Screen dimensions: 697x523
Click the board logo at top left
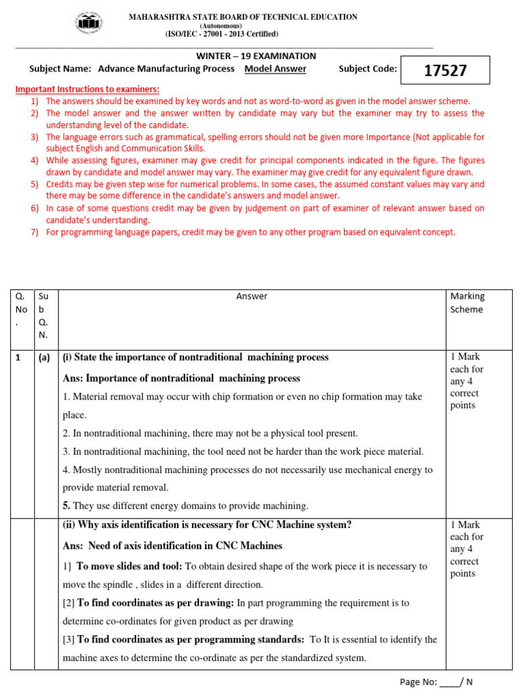89,25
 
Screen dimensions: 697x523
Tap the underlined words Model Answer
275,69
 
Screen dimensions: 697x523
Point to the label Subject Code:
368,69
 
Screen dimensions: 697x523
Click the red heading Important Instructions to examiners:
87,89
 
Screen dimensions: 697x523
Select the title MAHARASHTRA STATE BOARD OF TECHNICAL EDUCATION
243,17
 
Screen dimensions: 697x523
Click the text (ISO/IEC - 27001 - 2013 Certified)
221,34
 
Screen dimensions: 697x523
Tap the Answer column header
251,296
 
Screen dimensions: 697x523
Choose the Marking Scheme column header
467,303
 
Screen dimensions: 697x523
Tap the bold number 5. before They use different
67,506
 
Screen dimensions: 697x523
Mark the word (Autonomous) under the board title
221,26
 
